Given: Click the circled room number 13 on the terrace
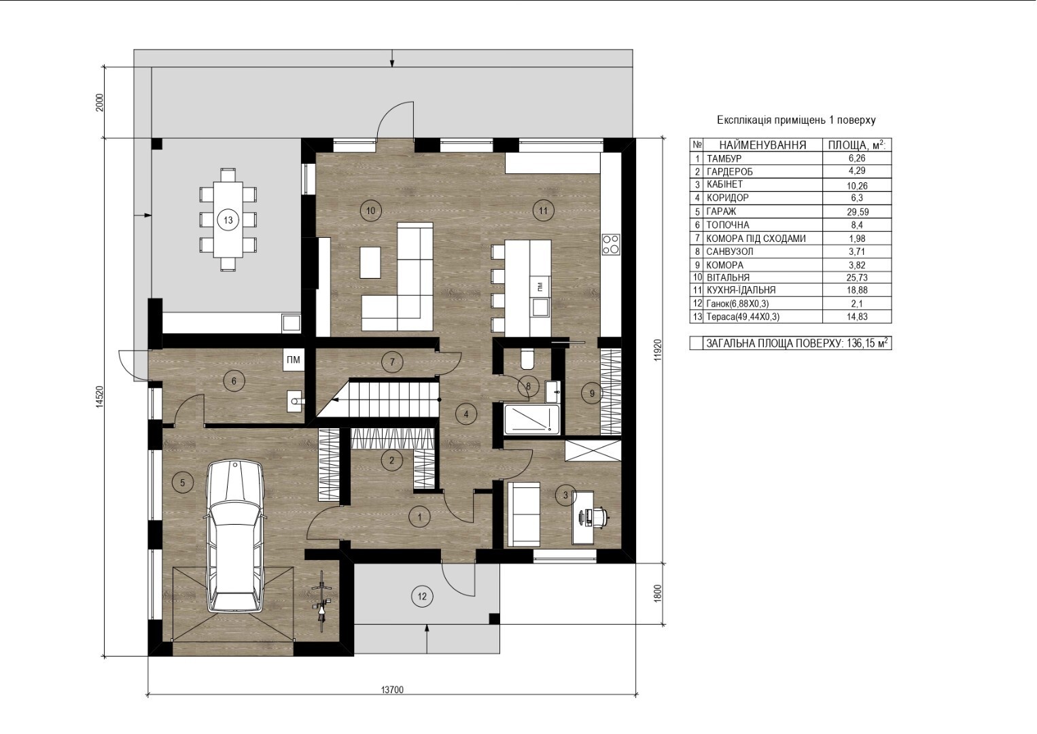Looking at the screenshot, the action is [228, 220].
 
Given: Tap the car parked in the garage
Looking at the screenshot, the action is [234, 537].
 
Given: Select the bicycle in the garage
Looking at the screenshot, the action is [321, 601].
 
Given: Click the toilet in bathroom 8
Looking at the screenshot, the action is [527, 359].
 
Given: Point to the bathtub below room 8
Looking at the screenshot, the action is [531, 419].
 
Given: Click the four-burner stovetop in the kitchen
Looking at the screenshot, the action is [611, 245].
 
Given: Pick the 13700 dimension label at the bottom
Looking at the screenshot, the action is [392, 690].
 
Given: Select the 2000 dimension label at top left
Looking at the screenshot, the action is [100, 103].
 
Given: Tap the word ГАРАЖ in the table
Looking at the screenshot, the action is [721, 211].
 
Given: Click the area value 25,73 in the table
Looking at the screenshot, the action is [857, 277].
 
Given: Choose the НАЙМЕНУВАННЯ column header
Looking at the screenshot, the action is [762, 145].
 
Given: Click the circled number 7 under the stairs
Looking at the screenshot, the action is [392, 362].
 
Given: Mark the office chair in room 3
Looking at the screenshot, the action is [599, 517].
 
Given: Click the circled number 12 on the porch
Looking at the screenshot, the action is [422, 597].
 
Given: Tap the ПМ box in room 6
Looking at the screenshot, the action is [293, 360].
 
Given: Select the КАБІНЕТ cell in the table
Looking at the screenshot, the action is [724, 184].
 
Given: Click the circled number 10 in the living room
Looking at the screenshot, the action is [371, 211].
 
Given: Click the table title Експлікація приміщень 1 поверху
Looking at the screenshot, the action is [796, 120].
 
